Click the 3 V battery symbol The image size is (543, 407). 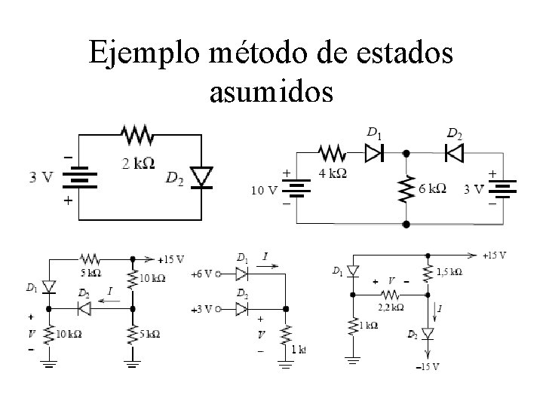click(78, 179)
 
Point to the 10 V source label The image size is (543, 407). click(263, 190)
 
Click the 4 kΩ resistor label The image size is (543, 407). click(334, 173)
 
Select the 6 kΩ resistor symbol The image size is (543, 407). click(406, 188)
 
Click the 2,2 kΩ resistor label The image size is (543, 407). click(390, 307)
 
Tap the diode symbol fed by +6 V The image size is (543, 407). click(241, 273)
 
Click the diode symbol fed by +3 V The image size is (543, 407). click(241, 309)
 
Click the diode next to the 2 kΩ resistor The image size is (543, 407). click(201, 177)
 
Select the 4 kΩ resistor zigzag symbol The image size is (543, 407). click(333, 153)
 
